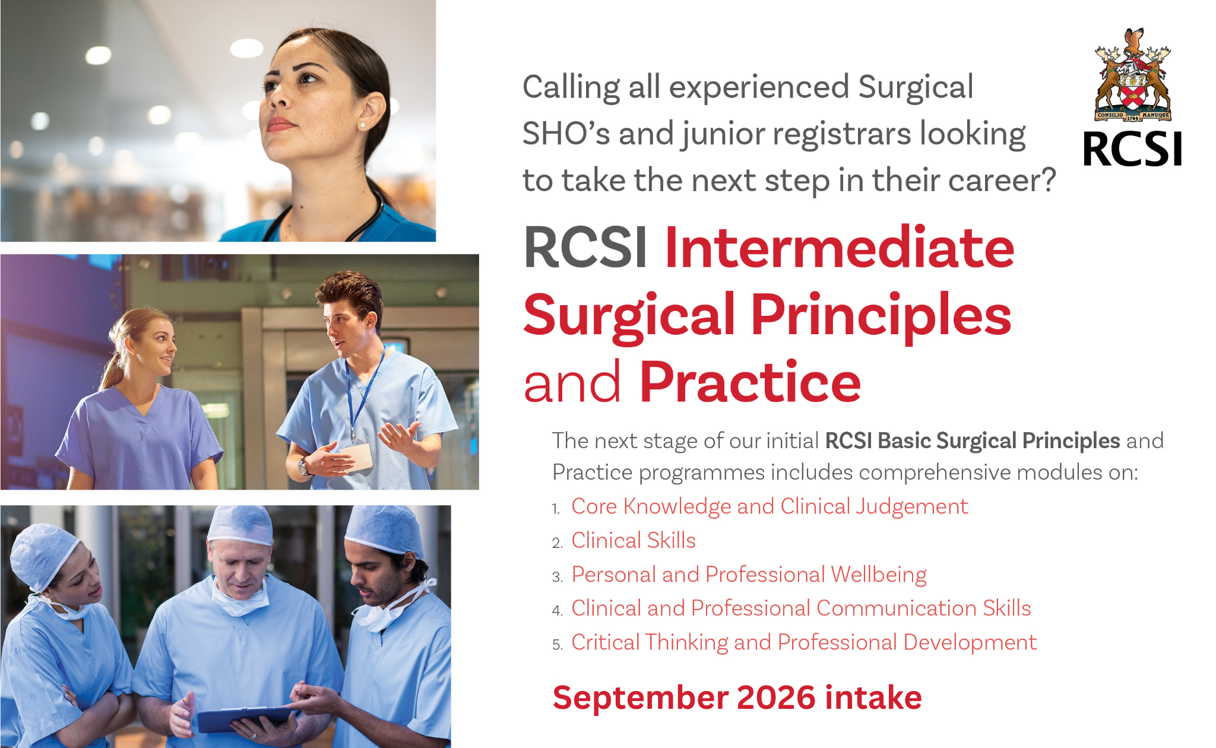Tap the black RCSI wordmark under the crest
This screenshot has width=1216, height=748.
point(1133,148)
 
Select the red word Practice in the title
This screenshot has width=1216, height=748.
point(750,382)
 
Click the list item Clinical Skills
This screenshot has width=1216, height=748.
point(633,540)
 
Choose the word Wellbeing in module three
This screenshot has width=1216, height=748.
point(879,575)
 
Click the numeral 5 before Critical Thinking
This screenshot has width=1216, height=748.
point(556,645)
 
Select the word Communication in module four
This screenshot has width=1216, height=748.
point(897,608)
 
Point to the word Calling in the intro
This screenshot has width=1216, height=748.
point(571,88)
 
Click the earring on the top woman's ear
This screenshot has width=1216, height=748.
point(362,125)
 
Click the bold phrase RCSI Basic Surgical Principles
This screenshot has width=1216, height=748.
point(973,440)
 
